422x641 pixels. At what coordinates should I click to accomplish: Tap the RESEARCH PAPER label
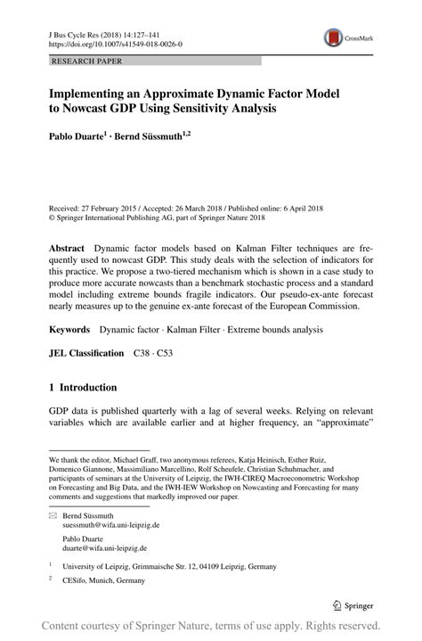pyautogui.click(x=86, y=62)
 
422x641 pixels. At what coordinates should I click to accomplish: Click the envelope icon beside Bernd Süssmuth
pyautogui.click(x=53, y=516)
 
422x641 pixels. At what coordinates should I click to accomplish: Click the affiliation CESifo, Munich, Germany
pyautogui.click(x=102, y=580)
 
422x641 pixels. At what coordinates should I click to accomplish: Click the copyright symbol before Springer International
pyautogui.click(x=52, y=215)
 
